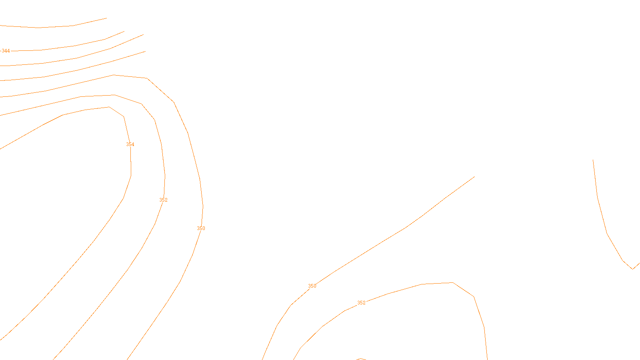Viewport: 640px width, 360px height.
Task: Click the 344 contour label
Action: pos(6,51)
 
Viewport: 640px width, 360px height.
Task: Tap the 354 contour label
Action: pos(130,144)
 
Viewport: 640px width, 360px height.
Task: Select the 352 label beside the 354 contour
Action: pos(163,200)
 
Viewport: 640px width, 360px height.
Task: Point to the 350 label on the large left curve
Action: pos(201,228)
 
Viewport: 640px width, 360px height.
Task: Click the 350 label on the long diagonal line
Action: pos(312,286)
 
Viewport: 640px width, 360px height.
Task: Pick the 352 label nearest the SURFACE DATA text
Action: pos(361,303)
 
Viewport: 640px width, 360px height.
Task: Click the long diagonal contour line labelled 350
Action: pos(404,228)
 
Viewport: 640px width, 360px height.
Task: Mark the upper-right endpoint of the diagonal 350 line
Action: pos(474,177)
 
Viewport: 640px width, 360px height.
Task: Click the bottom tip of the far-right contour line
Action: pos(633,269)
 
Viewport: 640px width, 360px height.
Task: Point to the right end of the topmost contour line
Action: pos(106,18)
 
